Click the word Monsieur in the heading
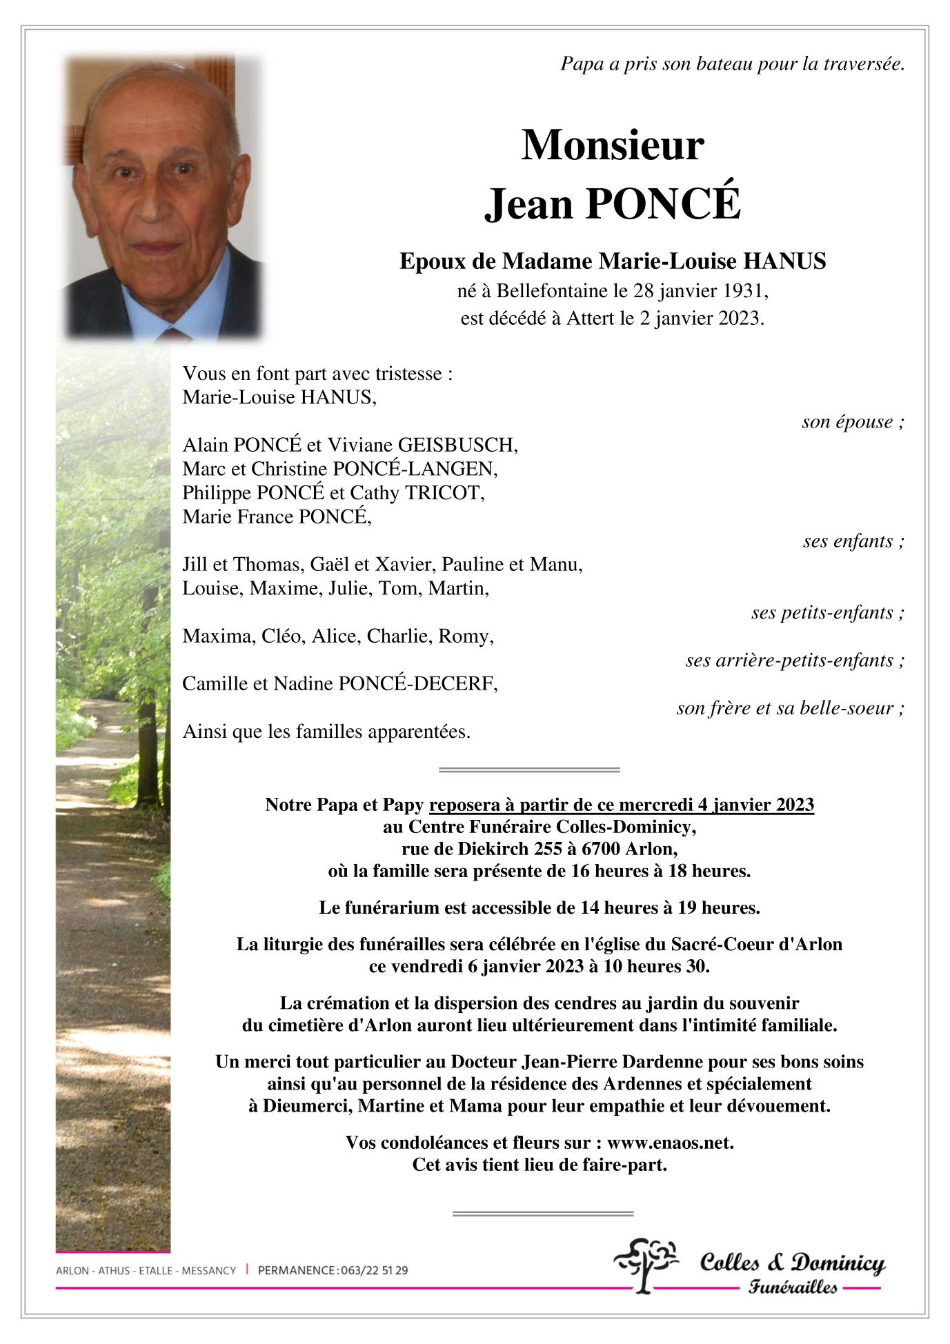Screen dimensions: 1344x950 (613, 146)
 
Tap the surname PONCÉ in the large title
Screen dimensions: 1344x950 (663, 204)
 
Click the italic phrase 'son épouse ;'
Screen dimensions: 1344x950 (853, 422)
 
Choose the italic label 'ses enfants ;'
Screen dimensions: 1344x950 (853, 541)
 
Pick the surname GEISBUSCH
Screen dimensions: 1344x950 (457, 445)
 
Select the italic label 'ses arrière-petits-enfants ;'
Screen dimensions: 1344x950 (794, 661)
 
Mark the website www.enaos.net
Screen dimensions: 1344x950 (670, 1143)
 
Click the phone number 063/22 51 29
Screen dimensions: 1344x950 (374, 1270)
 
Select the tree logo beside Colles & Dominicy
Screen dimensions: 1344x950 (645, 1264)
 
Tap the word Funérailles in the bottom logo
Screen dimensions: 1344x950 (793, 1287)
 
